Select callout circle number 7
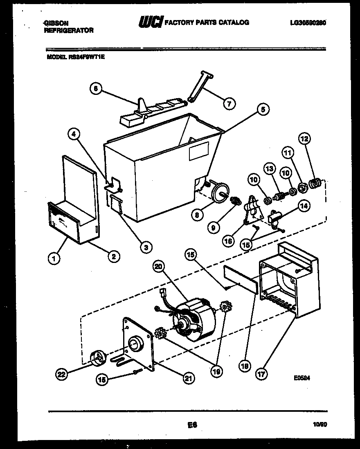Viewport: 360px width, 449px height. (x=229, y=104)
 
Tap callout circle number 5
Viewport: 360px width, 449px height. (x=263, y=109)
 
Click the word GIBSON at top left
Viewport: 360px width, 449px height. (x=56, y=23)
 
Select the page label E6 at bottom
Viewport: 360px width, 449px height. (x=191, y=425)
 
